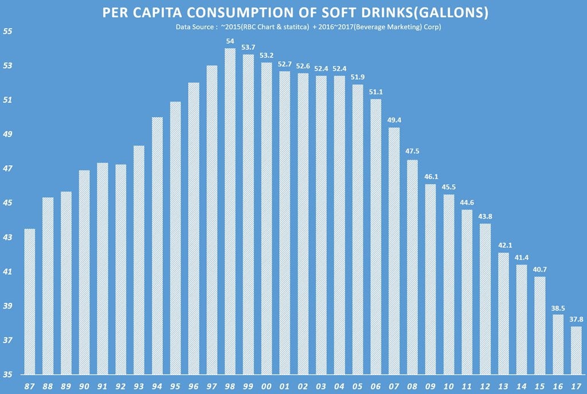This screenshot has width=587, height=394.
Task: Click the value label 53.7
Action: click(248, 46)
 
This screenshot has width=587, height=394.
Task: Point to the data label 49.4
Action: click(394, 120)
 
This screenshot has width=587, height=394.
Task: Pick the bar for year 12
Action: click(485, 298)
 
